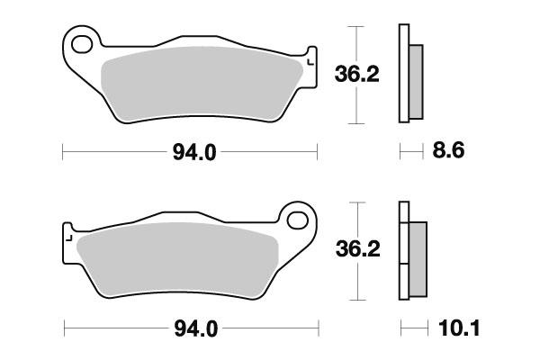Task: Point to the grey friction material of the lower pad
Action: (180, 261)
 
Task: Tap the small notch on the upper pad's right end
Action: (310, 60)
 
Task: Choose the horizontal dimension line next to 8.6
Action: (411, 153)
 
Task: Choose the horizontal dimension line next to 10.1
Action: (411, 328)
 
